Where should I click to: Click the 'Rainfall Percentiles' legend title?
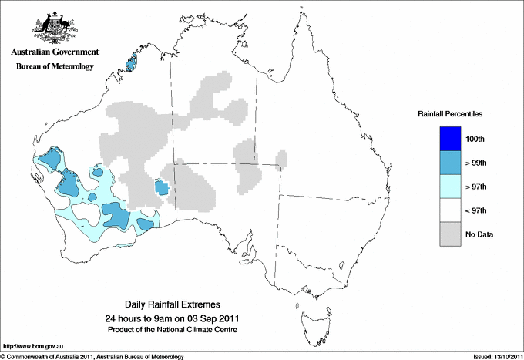click(450, 113)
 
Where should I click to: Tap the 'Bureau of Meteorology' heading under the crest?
click(55, 66)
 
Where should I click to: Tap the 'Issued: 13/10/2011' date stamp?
click(492, 356)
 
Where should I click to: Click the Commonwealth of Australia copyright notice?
click(92, 356)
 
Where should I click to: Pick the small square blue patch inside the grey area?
click(162, 187)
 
